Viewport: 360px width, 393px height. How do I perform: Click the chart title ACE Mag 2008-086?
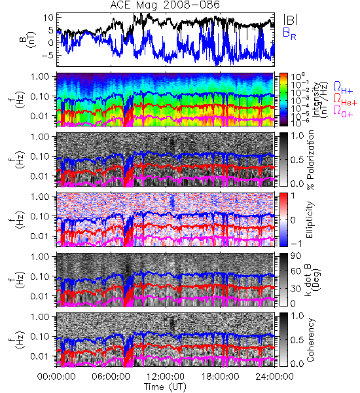coord(165,5)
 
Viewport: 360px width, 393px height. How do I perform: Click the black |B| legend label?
coord(291,20)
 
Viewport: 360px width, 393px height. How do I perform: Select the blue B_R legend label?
coord(289,33)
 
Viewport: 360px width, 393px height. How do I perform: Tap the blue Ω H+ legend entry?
coord(343,88)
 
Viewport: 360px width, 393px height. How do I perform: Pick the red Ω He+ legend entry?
coord(345,100)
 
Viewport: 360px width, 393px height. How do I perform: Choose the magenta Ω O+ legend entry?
coord(343,111)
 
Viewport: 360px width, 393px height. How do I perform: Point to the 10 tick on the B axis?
coord(48,18)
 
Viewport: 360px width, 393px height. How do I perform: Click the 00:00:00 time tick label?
coord(56,377)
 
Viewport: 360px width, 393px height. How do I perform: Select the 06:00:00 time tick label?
coord(111,377)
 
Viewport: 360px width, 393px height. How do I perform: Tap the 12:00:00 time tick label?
coord(166,377)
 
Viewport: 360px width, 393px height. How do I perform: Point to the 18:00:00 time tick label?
coord(220,377)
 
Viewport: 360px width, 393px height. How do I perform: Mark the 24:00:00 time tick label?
coord(274,377)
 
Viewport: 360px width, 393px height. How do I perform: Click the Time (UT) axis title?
coord(166,387)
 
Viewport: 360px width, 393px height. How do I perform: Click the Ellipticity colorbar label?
coord(310,220)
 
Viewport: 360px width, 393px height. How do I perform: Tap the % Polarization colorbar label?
coord(310,160)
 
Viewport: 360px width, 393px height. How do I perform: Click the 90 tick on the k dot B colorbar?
coord(296,256)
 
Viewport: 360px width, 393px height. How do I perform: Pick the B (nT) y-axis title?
coord(29,39)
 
